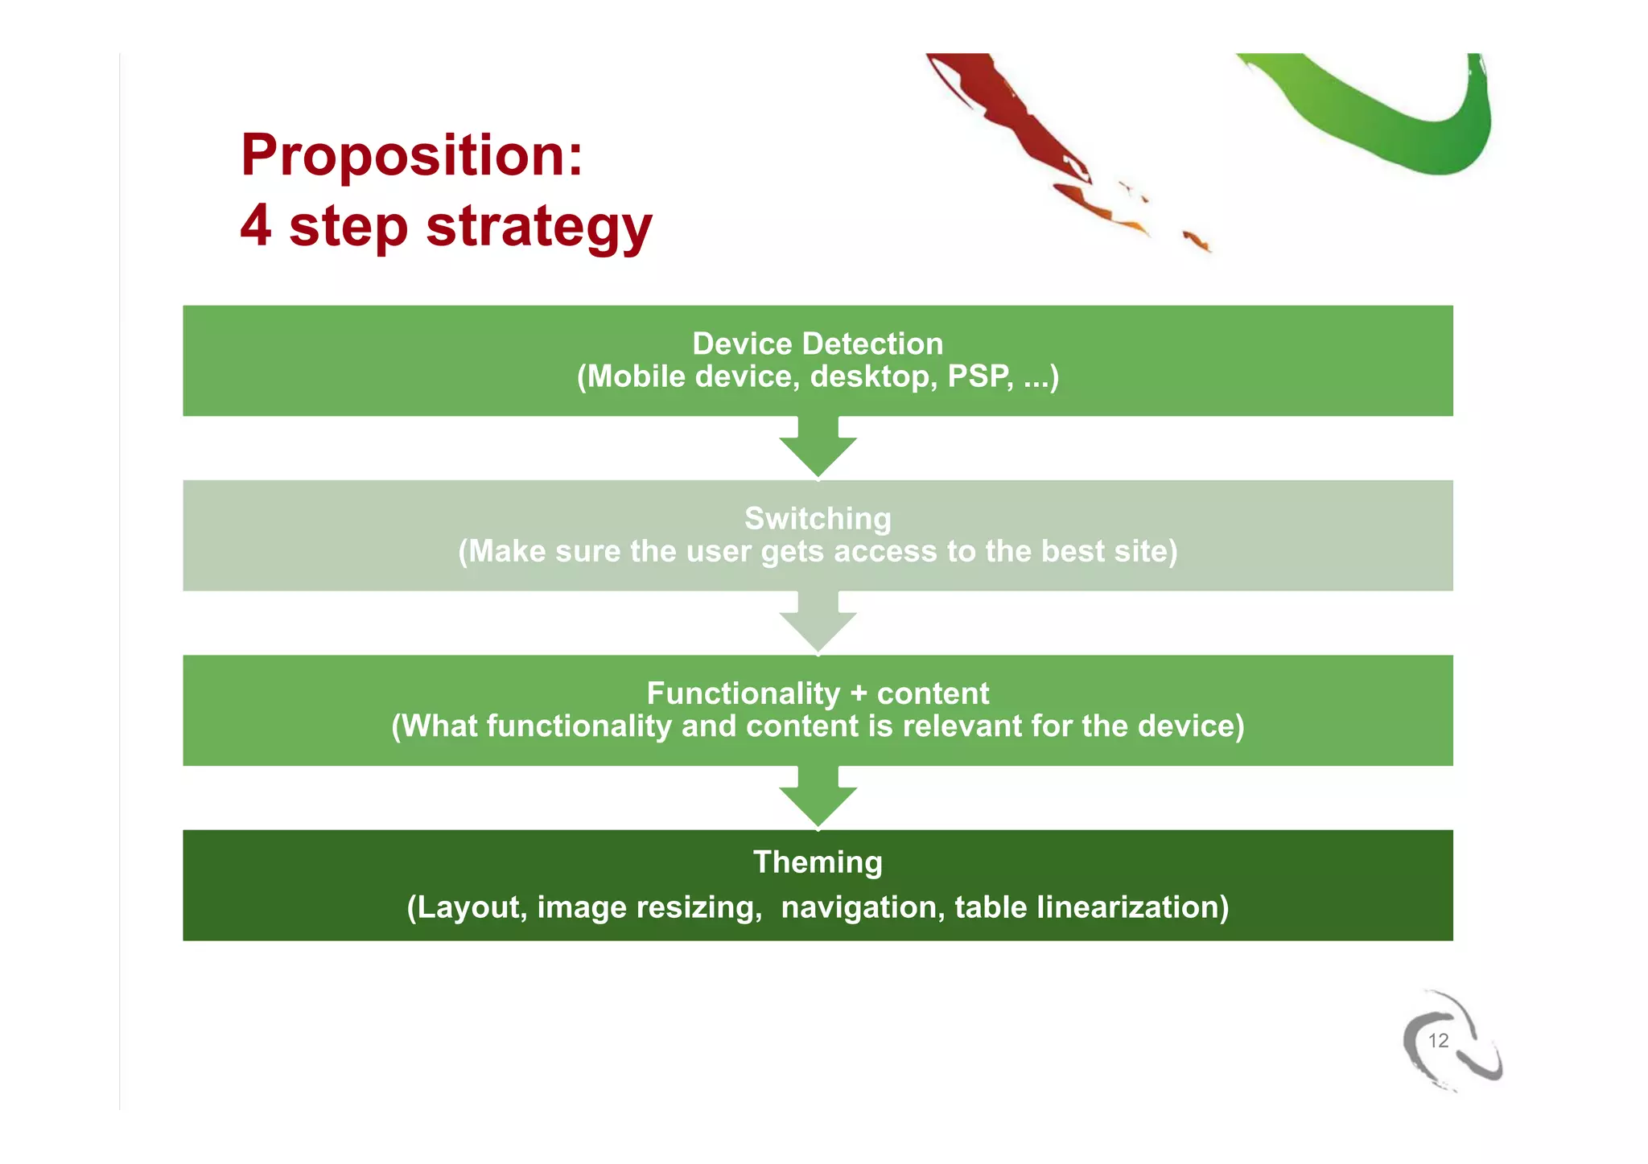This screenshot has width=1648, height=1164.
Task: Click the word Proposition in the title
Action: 410,155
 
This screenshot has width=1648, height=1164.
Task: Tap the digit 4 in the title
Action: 256,225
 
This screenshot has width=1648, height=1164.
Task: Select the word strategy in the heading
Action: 538,227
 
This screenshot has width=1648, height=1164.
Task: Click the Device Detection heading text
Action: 817,343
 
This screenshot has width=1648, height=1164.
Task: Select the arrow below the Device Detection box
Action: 818,450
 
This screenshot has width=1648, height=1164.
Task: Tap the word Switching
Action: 817,518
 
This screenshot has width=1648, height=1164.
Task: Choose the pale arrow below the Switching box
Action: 818,626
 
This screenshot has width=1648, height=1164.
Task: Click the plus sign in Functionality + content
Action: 859,693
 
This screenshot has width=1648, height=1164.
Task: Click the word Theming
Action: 817,862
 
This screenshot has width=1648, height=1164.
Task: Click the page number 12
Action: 1438,1041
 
